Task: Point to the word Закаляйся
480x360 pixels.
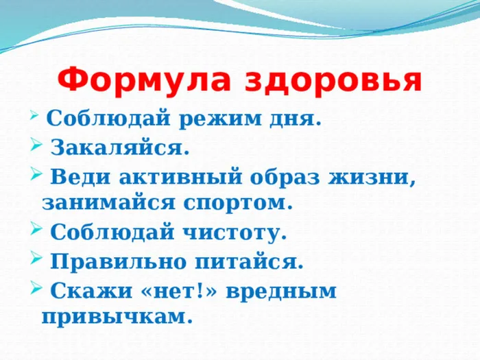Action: coord(120,148)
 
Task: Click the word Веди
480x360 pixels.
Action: coord(80,176)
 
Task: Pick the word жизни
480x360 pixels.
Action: coord(372,177)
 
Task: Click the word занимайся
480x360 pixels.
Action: coord(108,202)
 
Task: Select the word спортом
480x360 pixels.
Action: coord(237,204)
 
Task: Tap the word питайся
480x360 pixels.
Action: coord(249,262)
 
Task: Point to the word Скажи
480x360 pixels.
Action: coord(91,291)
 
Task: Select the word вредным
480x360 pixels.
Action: coord(281,291)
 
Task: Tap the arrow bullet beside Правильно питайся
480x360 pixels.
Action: coord(36,260)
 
